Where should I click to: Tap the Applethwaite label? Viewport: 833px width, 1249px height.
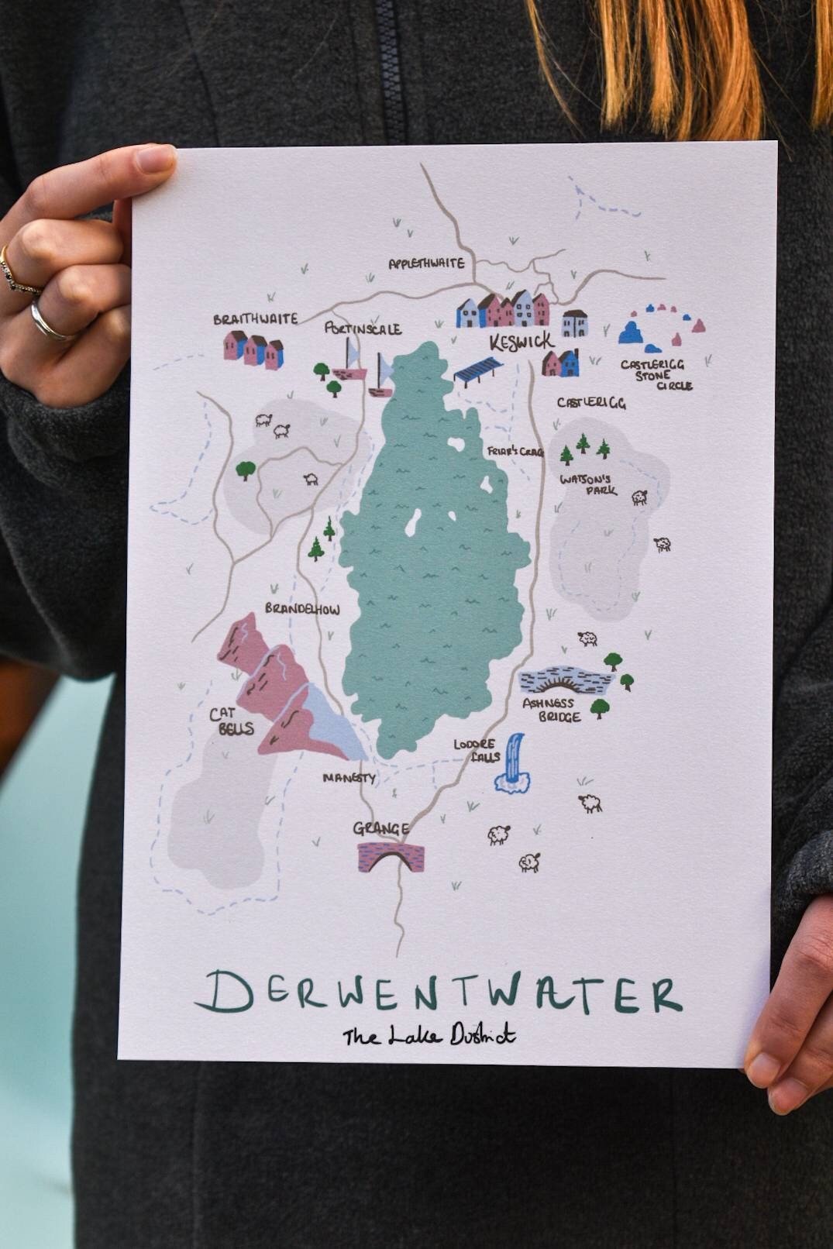coord(426,263)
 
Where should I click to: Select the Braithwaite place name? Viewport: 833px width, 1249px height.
coord(255,319)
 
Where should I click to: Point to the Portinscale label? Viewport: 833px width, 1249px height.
coord(363,329)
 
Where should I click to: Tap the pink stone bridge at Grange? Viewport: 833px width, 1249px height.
coord(392,856)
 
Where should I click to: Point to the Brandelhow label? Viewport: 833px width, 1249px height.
coord(302,609)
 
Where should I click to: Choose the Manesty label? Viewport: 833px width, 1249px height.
coord(349,777)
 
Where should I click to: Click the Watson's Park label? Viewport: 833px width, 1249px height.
coord(588,484)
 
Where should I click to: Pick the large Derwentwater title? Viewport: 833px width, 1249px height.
coord(439,993)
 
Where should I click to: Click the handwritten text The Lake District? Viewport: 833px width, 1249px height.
coord(429,1035)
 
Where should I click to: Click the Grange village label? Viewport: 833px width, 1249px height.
coord(380,829)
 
